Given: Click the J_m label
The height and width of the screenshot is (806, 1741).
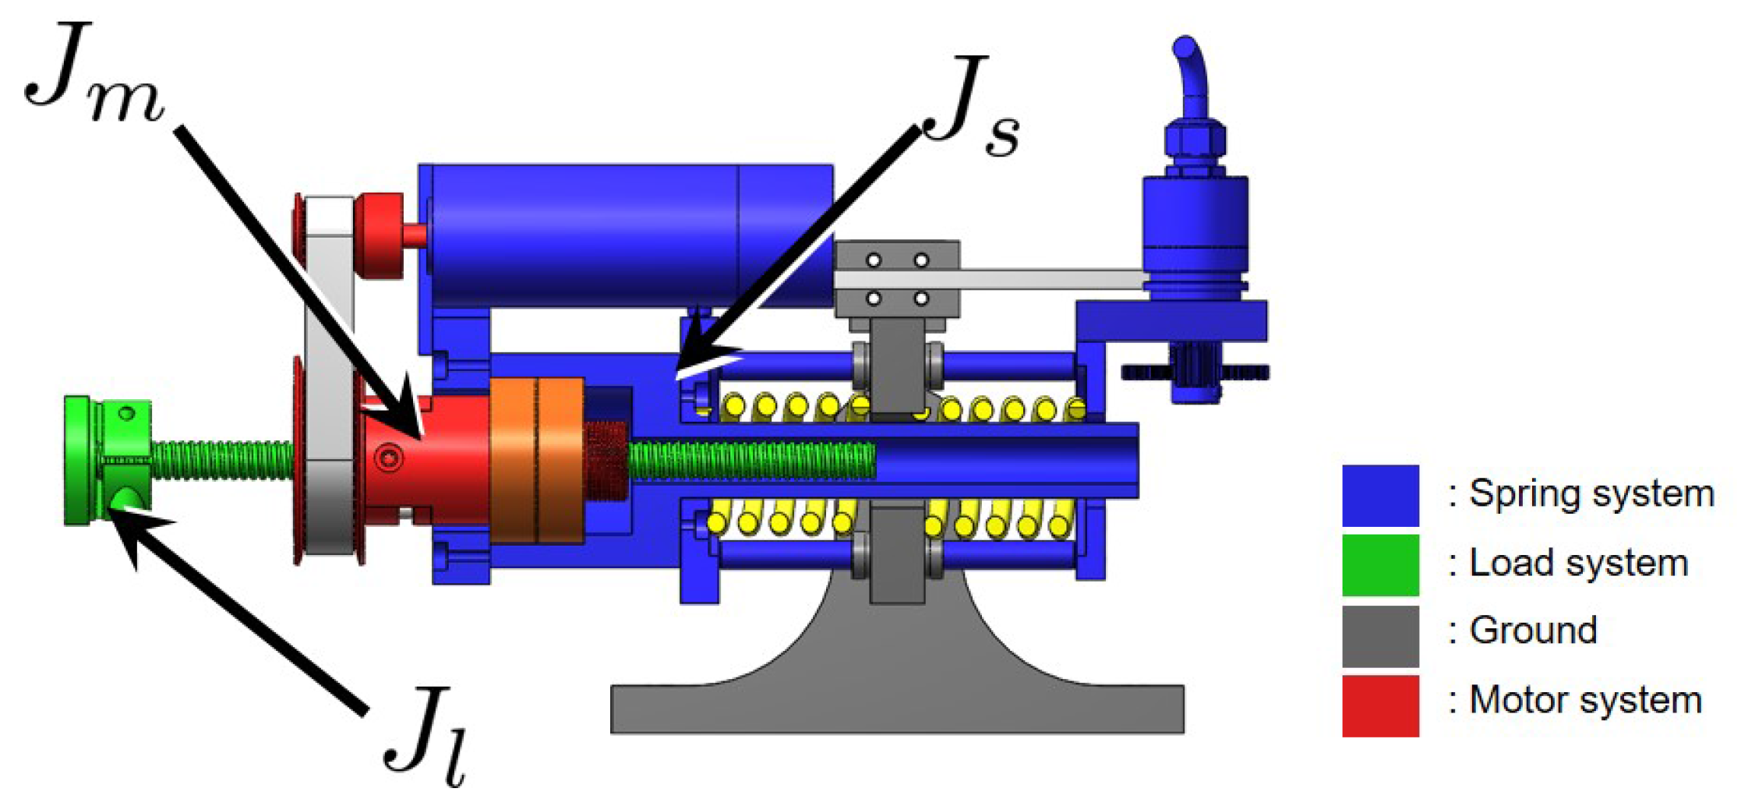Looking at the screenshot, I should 94,74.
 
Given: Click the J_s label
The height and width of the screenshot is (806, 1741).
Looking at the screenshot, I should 974,105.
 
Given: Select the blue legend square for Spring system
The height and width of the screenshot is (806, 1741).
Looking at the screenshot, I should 1380,496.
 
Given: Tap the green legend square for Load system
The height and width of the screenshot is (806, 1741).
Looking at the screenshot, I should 1380,564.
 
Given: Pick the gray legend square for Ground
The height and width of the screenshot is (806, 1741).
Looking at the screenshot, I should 1380,636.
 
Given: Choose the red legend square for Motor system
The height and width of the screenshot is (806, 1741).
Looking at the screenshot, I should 1380,705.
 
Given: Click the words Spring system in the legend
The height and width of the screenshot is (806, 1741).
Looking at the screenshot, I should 1591,494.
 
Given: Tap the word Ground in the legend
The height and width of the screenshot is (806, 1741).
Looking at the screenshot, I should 1533,631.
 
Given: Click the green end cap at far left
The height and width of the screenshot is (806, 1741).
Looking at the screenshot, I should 78,460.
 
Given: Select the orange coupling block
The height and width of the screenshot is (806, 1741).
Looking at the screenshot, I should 538,460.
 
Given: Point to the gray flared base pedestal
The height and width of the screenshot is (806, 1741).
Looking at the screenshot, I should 896,686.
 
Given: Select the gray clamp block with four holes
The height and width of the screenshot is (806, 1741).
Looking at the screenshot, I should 896,279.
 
